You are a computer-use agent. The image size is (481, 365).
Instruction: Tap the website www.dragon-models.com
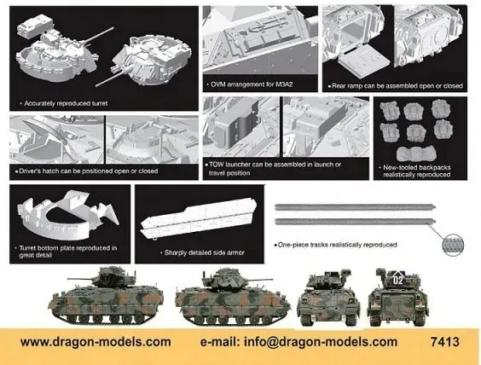pos(95,342)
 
